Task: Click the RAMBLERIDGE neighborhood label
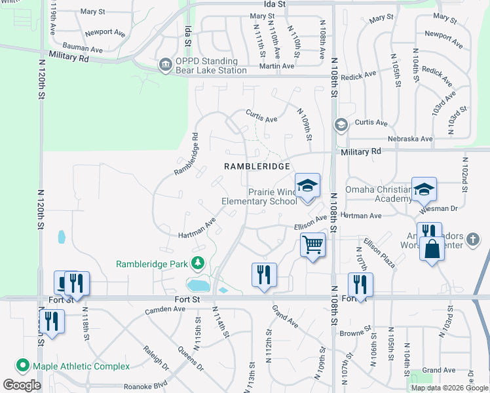(x=257, y=166)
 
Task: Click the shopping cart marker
(x=313, y=245)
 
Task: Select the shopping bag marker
(x=431, y=249)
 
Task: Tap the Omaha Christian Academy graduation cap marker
(x=424, y=189)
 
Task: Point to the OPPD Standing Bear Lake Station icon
(x=164, y=64)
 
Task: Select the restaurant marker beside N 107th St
(x=360, y=284)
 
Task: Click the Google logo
(x=22, y=385)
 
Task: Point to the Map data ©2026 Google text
(x=449, y=388)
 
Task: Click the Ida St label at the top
(x=275, y=4)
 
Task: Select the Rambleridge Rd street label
(x=186, y=155)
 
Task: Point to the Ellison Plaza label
(x=379, y=253)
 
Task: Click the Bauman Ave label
(x=85, y=49)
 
